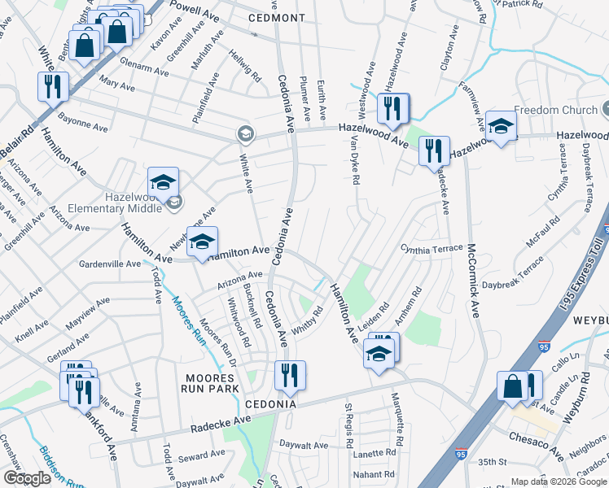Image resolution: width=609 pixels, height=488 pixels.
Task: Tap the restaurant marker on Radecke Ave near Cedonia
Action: click(290, 376)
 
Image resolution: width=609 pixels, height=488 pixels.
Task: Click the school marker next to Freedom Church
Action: click(502, 126)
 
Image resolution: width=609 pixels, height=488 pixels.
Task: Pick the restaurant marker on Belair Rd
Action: click(53, 86)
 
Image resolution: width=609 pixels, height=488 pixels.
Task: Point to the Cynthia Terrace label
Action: click(431, 247)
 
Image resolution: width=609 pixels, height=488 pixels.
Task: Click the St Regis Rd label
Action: click(349, 424)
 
